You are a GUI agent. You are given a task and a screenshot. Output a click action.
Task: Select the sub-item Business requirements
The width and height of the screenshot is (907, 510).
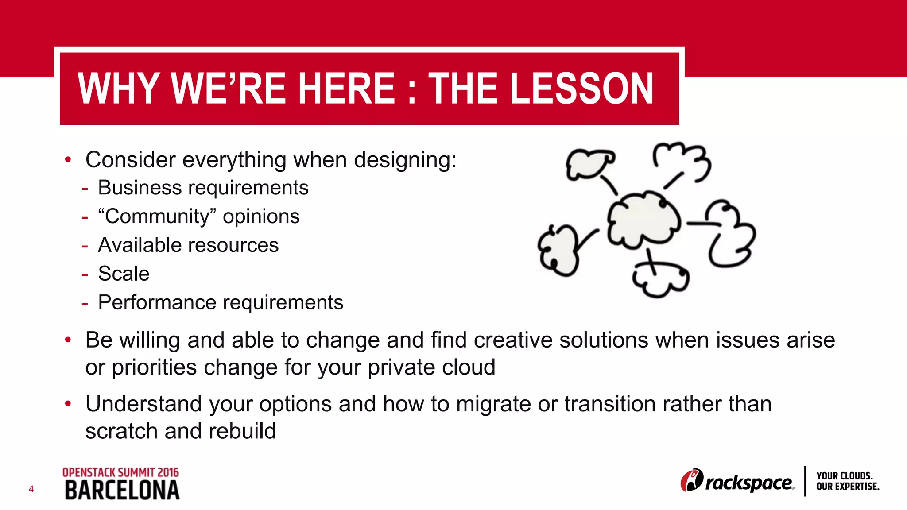(203, 188)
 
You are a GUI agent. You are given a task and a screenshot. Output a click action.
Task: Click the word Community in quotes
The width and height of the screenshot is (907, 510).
(157, 216)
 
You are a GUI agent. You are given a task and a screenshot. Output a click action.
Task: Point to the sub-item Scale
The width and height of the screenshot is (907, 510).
(124, 274)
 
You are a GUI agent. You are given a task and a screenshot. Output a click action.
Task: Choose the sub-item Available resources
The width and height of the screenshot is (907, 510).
(188, 245)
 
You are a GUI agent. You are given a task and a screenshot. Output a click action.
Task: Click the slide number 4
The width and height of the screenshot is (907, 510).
(31, 489)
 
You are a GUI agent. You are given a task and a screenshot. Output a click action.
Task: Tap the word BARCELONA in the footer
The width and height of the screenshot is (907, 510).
(122, 491)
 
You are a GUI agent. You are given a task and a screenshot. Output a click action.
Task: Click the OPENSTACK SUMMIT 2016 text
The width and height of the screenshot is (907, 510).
(120, 472)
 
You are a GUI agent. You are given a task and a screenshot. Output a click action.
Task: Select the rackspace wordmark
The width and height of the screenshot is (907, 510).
(748, 483)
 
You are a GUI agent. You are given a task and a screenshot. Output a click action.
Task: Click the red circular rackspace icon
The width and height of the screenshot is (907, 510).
(691, 480)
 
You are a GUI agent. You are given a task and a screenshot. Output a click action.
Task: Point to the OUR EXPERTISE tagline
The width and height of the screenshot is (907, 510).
(848, 487)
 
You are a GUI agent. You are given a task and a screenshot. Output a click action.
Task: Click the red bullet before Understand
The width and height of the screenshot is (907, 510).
(68, 403)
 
